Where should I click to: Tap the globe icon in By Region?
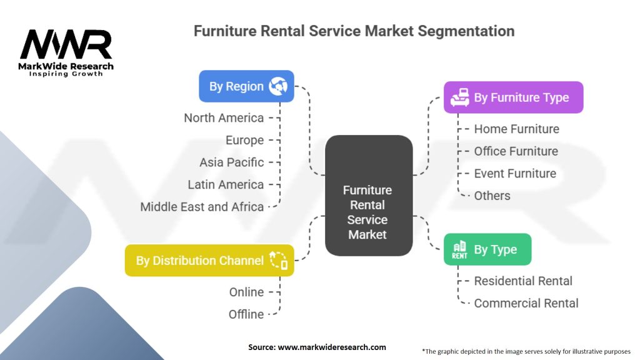click(x=277, y=86)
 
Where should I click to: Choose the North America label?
click(x=224, y=117)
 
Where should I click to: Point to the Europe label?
click(x=244, y=140)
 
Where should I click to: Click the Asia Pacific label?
click(x=231, y=162)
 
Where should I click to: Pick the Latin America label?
click(x=226, y=184)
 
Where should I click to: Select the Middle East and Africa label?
click(x=202, y=207)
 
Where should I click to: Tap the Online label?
click(x=246, y=292)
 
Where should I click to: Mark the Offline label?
click(x=246, y=314)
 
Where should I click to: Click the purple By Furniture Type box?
click(x=513, y=97)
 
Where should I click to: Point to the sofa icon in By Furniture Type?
click(x=460, y=97)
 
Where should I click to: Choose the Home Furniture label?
click(x=516, y=129)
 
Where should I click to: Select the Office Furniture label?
click(x=516, y=151)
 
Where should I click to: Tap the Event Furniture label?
click(x=515, y=173)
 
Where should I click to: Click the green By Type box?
click(x=487, y=249)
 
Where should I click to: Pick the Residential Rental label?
click(x=523, y=281)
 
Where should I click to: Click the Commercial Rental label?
click(x=526, y=303)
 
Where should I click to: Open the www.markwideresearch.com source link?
click(x=331, y=347)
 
